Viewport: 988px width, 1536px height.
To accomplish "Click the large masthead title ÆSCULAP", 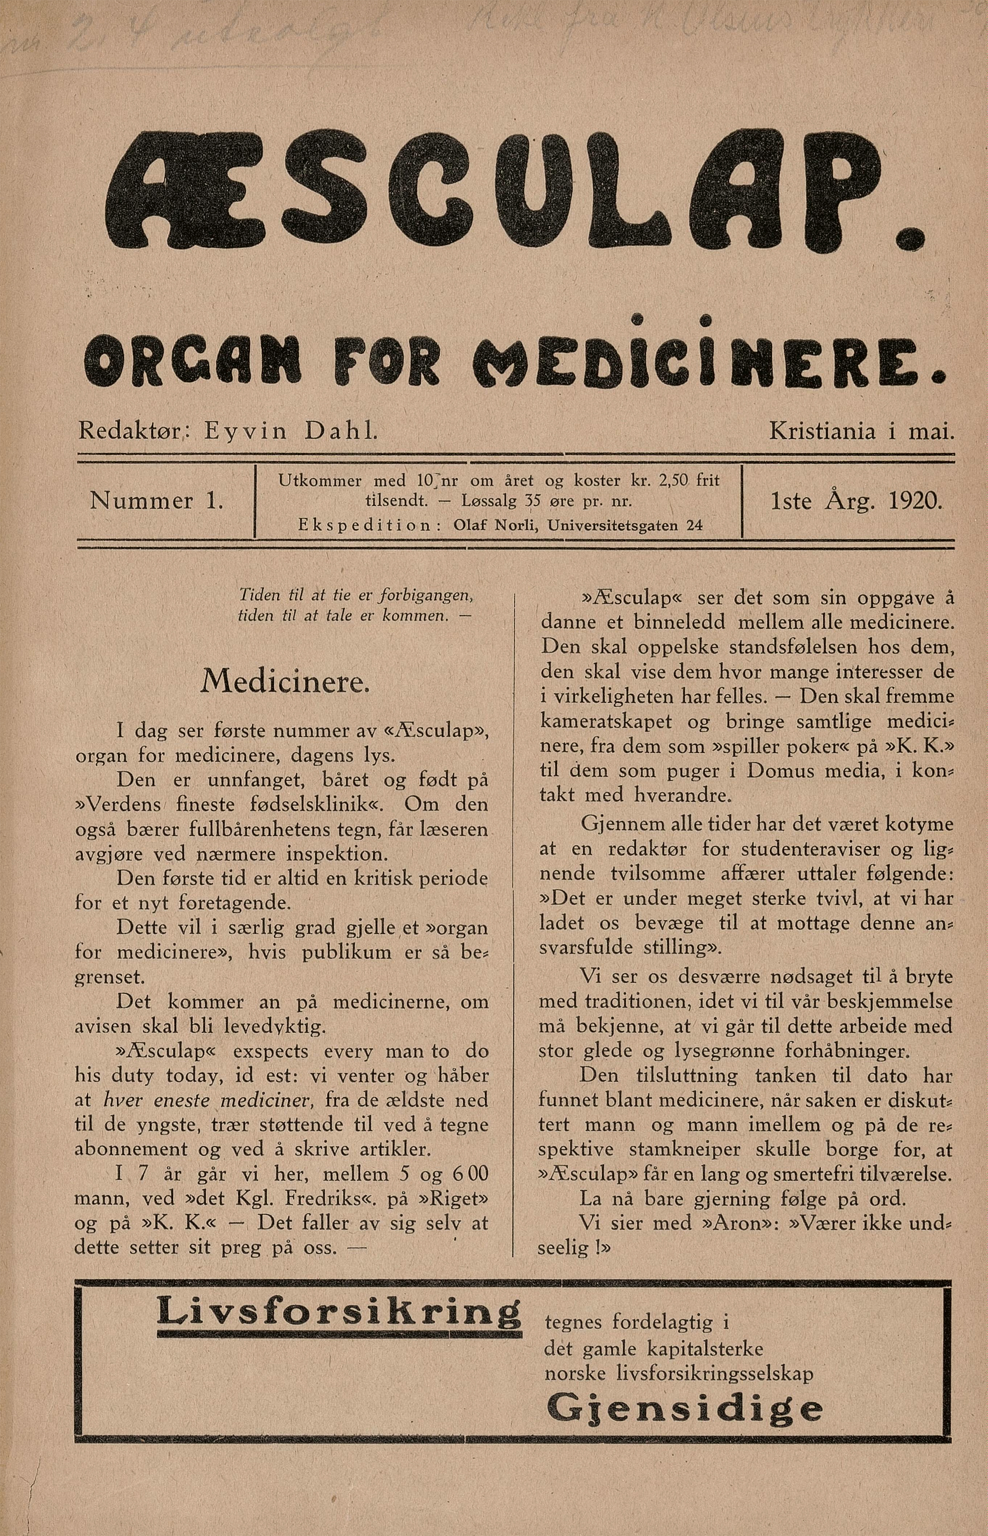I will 513,193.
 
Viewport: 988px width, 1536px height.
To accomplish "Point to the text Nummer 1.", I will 157,500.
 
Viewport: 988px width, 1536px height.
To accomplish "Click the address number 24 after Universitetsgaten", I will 694,525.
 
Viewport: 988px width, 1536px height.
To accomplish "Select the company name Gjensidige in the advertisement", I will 684,1409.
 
